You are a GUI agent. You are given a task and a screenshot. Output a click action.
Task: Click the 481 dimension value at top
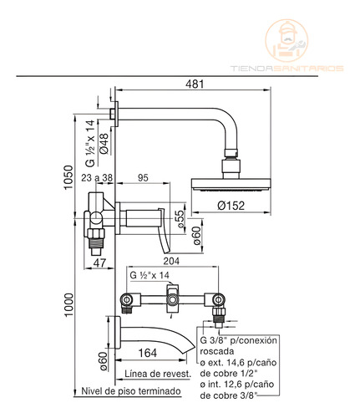[x=195, y=84]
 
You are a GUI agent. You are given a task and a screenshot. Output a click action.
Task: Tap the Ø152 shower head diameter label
[x=231, y=206]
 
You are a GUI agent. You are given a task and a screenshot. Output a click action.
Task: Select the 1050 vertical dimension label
[x=68, y=177]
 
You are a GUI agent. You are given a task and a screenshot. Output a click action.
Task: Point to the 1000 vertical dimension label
[x=68, y=304]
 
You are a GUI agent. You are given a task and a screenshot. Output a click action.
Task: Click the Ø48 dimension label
[x=104, y=144]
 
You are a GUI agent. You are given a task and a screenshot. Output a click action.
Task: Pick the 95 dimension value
[x=143, y=178]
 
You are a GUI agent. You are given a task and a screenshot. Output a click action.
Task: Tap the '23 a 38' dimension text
[x=97, y=178]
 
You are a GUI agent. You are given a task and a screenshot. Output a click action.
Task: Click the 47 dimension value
[x=99, y=263]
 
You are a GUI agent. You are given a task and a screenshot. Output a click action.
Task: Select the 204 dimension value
[x=171, y=261]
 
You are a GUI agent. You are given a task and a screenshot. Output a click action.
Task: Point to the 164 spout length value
[x=148, y=353]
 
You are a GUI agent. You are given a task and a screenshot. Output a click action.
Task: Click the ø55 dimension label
[x=181, y=219]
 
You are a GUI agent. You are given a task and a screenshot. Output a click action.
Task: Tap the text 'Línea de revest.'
[x=158, y=374]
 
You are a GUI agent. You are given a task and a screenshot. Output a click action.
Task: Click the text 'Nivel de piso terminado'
[x=131, y=391]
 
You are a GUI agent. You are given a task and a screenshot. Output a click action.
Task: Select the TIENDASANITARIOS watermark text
[x=286, y=69]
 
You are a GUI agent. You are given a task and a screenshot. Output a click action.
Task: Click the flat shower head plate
[x=231, y=185]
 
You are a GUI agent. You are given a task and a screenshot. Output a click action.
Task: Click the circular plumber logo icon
[x=286, y=41]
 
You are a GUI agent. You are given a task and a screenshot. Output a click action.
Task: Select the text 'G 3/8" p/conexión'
[x=239, y=340]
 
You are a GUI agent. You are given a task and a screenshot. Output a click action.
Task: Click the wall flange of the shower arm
[x=116, y=114]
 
